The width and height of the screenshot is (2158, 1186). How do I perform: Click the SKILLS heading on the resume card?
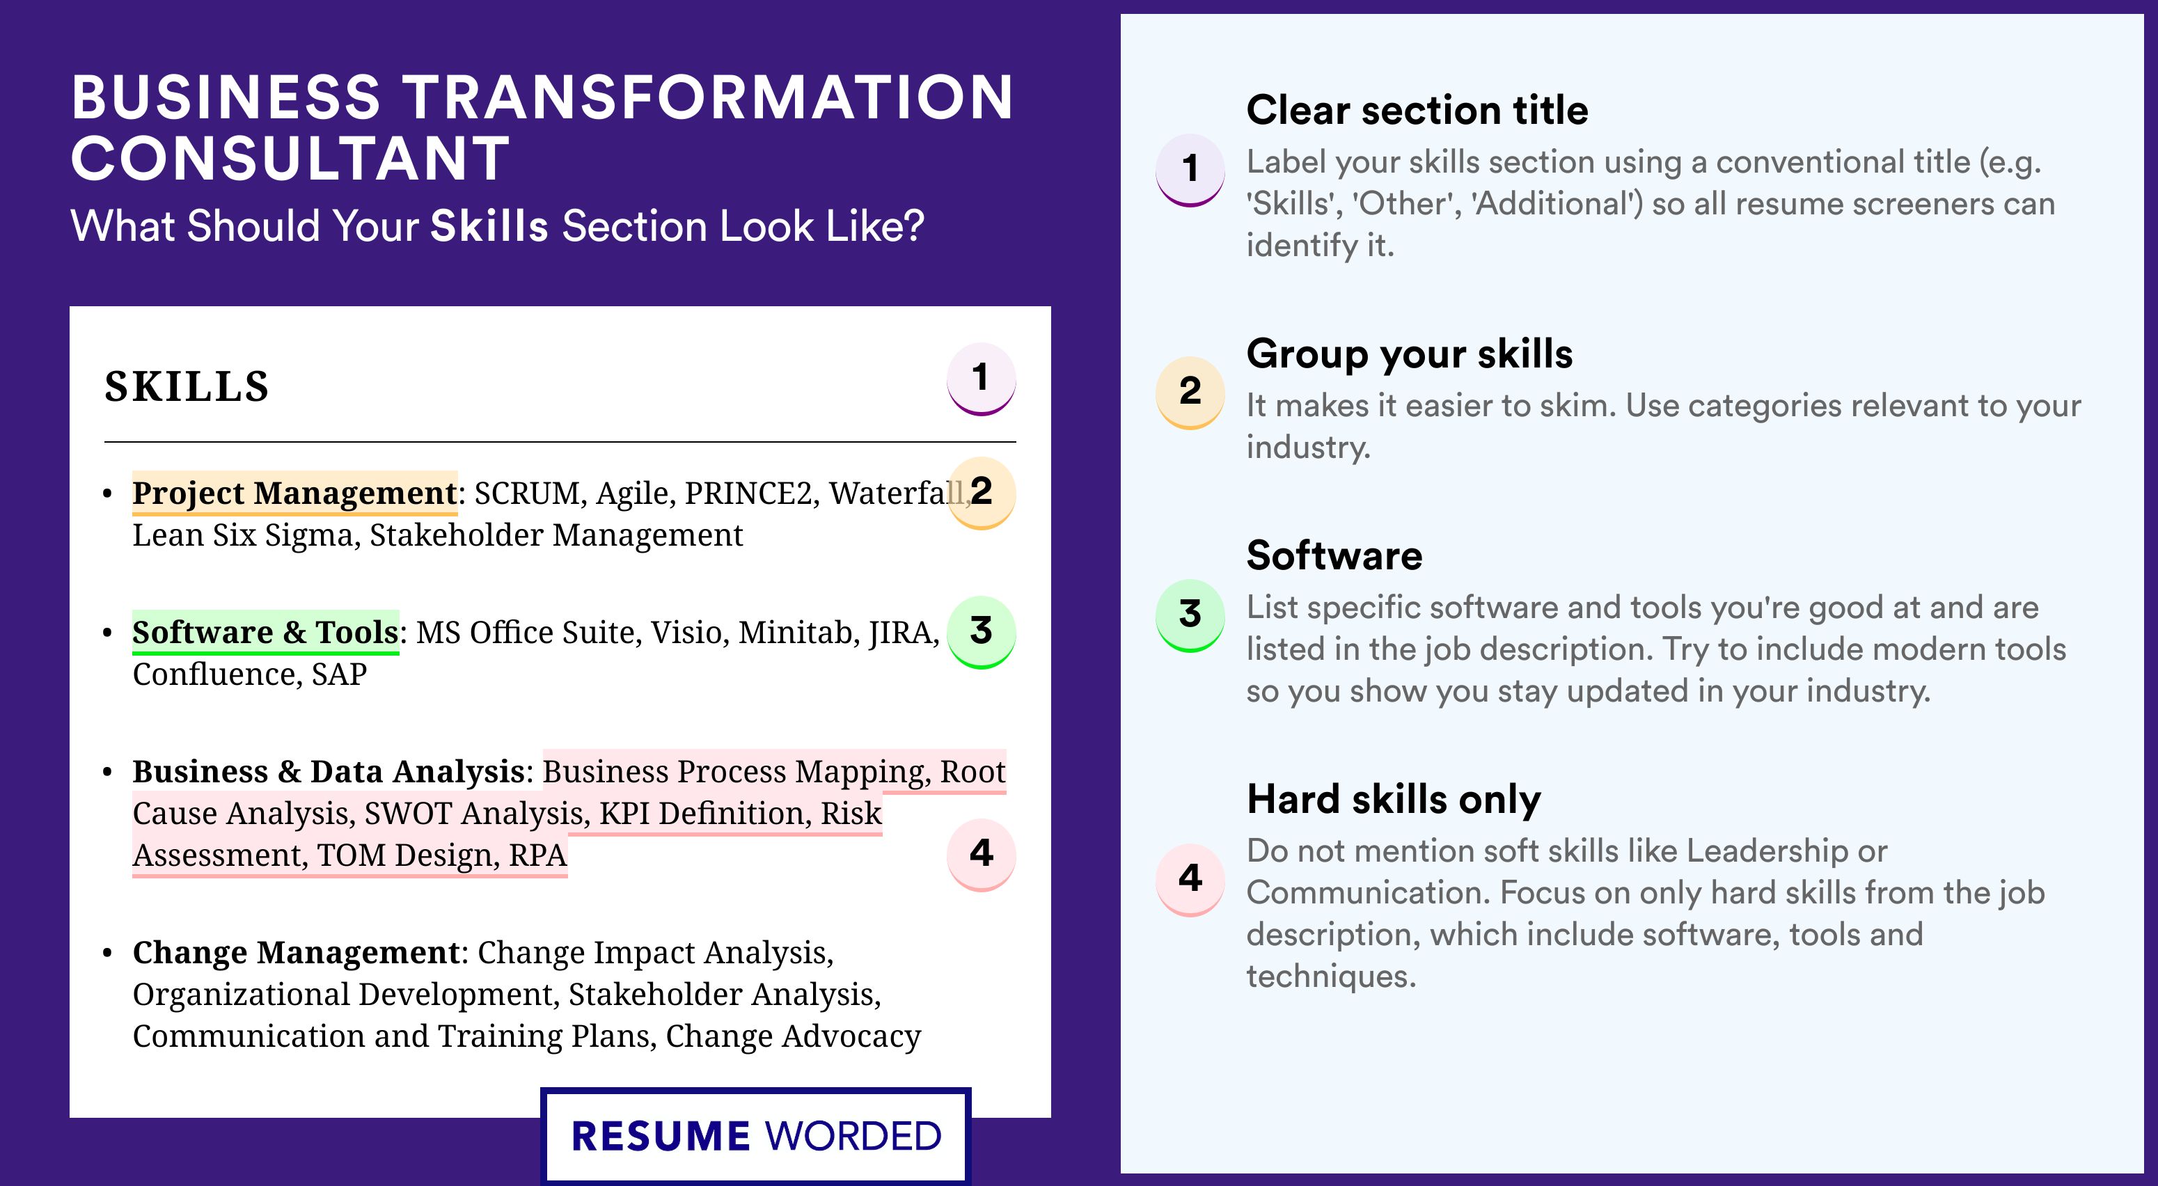187,386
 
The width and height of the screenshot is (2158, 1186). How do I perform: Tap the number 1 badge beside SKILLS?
981,379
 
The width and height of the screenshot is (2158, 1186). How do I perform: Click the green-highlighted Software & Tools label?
265,633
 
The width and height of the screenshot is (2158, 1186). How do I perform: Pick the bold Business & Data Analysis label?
329,771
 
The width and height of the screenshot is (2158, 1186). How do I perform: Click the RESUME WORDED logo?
755,1136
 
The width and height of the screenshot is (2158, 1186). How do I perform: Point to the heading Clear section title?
1417,110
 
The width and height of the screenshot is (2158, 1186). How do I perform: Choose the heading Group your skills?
1409,354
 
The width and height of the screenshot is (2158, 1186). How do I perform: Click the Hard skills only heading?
1393,799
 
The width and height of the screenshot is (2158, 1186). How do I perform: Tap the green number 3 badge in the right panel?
1190,615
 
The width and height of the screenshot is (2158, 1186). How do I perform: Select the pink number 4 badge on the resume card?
981,854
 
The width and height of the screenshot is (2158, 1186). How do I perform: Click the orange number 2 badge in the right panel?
1190,391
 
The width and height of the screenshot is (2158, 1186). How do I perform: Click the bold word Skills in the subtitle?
489,226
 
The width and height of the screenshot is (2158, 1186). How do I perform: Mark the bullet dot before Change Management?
107,953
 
